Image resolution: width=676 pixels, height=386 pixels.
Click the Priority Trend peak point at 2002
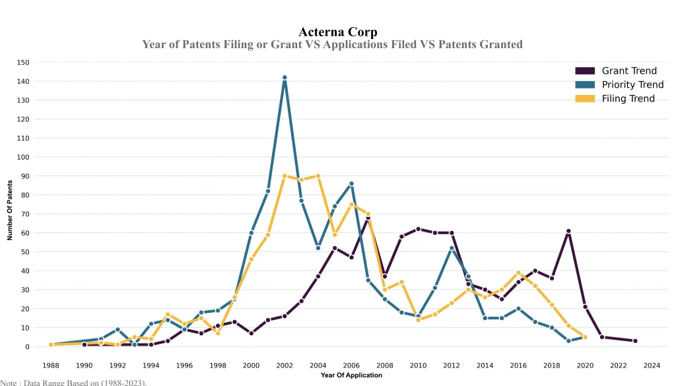(x=285, y=78)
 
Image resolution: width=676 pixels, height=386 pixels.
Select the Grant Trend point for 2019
(x=568, y=231)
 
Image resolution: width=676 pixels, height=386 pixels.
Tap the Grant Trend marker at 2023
(x=635, y=341)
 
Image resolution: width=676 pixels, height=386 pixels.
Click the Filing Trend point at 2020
(x=585, y=337)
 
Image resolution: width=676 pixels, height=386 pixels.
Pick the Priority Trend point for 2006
(x=351, y=183)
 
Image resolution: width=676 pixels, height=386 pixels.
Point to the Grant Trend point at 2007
(x=368, y=218)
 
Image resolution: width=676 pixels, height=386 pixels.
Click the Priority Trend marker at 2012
(x=452, y=248)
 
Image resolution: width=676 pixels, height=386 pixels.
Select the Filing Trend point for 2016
(x=518, y=273)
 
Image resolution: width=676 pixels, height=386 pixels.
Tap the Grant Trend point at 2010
(x=418, y=229)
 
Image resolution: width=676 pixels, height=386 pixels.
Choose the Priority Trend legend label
(x=632, y=84)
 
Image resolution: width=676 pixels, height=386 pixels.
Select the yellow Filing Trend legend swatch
(x=585, y=98)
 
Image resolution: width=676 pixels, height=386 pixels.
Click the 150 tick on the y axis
(x=24, y=63)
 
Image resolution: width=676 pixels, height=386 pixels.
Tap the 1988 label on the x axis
(x=50, y=365)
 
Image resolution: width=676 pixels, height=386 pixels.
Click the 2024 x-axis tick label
(x=652, y=365)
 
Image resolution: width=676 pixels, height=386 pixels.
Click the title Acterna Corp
(x=338, y=32)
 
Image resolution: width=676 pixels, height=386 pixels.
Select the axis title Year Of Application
(x=351, y=375)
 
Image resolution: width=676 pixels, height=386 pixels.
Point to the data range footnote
(x=73, y=382)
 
